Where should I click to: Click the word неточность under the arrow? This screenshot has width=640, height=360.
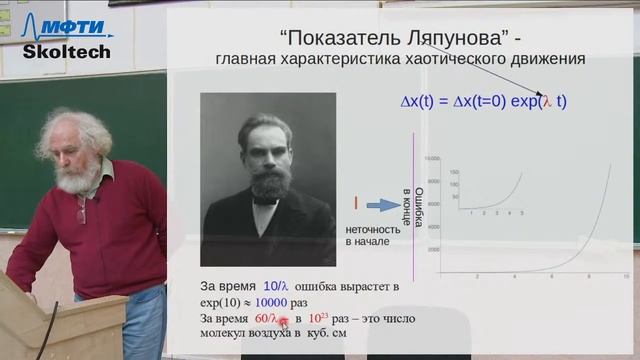click(x=373, y=228)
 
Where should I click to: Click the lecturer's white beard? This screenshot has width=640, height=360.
click(x=78, y=175)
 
